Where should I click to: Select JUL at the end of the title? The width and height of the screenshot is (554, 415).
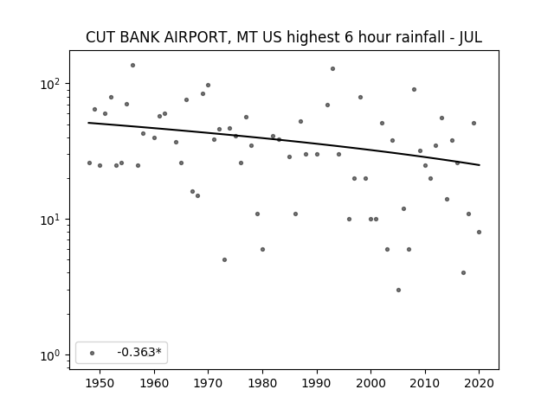tap(470, 37)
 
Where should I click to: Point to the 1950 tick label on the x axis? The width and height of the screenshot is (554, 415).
tap(100, 383)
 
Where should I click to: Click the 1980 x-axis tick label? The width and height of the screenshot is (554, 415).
tap(262, 383)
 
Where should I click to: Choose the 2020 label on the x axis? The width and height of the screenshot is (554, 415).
tap(479, 383)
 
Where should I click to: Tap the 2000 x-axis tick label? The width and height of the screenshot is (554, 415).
tap(371, 383)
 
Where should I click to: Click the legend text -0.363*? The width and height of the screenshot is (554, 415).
tap(139, 352)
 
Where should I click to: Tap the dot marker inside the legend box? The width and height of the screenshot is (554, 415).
tap(93, 353)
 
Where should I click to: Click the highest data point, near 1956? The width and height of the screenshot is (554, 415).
tap(132, 66)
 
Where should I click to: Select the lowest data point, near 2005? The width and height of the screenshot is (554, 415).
tap(398, 290)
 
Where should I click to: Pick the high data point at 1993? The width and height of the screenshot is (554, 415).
tap(332, 69)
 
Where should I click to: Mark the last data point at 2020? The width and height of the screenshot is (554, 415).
tap(479, 233)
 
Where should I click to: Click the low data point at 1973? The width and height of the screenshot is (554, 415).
tap(225, 259)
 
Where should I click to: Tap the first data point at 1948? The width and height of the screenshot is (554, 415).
tap(89, 163)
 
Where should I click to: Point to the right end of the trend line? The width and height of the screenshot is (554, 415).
tap(480, 165)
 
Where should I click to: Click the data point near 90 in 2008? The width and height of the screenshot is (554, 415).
tap(414, 90)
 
